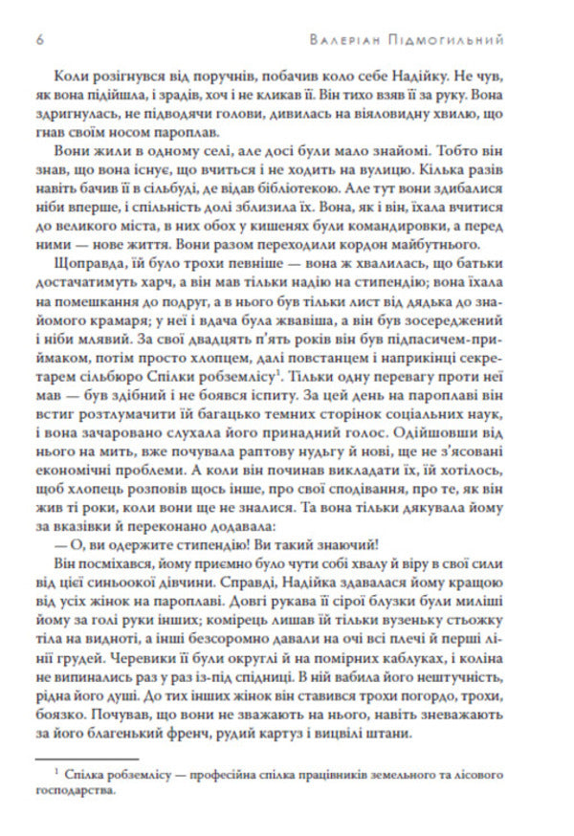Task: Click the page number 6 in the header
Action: click(37, 41)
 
